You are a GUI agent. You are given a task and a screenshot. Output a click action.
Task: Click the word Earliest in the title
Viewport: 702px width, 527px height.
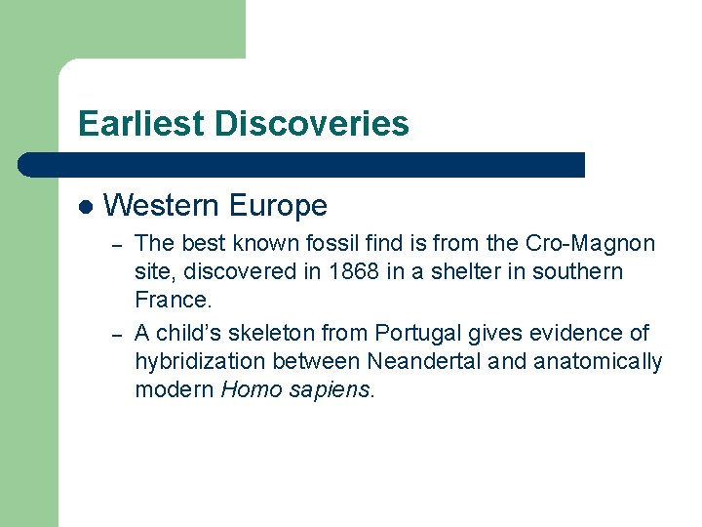click(x=142, y=124)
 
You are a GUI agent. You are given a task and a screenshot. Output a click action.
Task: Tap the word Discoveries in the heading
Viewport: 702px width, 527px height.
click(x=312, y=124)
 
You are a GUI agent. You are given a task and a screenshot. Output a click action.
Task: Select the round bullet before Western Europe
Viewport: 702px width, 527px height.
click(x=86, y=206)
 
